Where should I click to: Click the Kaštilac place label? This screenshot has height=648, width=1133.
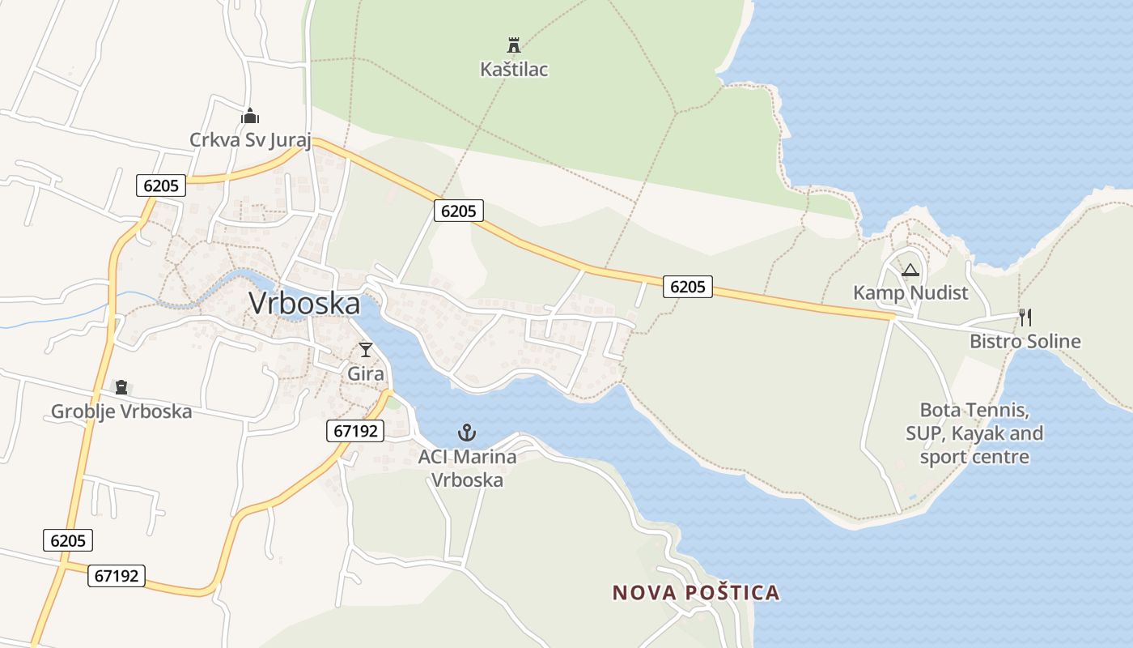(x=514, y=70)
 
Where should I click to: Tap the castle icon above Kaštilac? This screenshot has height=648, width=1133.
(x=513, y=44)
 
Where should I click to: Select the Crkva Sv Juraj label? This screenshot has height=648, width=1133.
(x=250, y=140)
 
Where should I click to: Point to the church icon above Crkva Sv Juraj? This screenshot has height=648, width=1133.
(x=250, y=116)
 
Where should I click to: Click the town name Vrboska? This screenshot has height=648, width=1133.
(x=304, y=304)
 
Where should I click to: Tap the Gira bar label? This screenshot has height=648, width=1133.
(x=366, y=374)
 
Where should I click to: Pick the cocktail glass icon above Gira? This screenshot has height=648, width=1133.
(x=366, y=350)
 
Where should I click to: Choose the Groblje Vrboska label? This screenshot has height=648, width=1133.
(x=121, y=411)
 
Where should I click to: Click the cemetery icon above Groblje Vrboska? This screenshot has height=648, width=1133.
(x=121, y=387)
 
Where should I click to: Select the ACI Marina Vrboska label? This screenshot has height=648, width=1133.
(x=467, y=468)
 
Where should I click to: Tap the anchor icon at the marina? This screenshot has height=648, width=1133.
(x=467, y=433)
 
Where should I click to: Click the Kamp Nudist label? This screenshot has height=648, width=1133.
(x=910, y=292)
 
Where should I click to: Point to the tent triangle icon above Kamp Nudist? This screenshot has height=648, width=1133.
(x=910, y=270)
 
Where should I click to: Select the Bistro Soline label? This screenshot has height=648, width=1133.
(x=1025, y=341)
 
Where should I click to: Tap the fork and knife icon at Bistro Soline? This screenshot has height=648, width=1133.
(x=1025, y=317)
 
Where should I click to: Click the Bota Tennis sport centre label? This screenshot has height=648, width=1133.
(x=974, y=433)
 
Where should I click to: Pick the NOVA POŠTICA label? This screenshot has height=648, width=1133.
(x=696, y=593)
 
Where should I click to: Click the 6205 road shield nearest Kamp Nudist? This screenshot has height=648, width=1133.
(x=688, y=286)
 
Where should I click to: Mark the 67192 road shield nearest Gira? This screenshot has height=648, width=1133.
(x=355, y=431)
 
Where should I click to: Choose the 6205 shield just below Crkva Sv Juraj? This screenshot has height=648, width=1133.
(x=161, y=185)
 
